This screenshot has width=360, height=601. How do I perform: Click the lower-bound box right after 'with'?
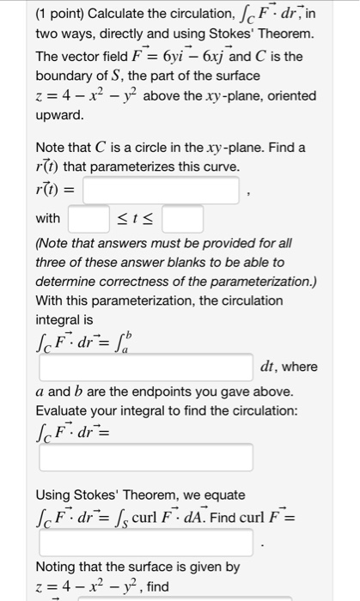[88, 219]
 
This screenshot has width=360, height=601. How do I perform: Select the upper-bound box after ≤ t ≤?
[183, 219]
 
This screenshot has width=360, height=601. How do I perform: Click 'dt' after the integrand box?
[266, 367]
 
